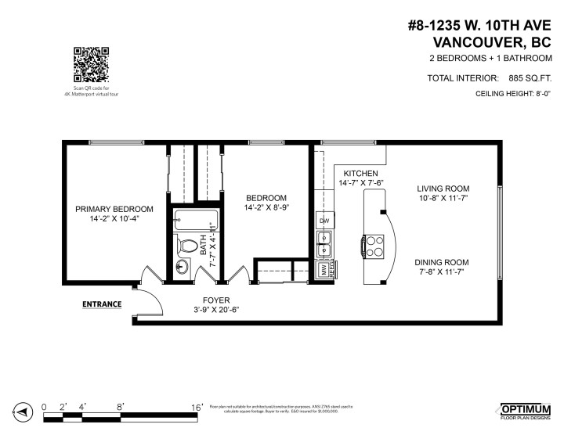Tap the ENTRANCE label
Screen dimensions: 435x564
103,304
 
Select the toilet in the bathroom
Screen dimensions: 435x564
186,246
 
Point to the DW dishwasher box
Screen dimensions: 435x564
324,221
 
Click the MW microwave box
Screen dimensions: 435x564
322,269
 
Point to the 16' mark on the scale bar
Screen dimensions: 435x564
197,407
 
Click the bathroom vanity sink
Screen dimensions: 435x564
182,267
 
